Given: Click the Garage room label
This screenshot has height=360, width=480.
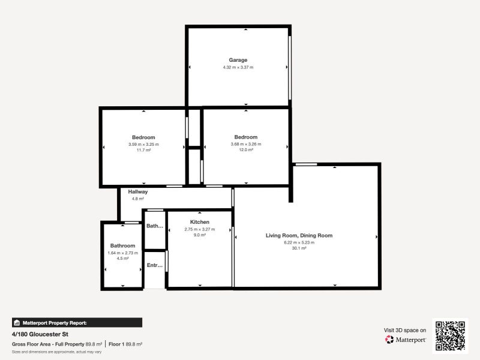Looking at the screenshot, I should coord(238,60).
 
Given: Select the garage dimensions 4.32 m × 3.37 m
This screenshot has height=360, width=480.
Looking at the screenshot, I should coord(238,67).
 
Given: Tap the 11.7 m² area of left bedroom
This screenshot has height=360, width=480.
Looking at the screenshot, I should coord(143,150).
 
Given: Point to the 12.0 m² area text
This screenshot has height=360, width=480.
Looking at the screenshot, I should coord(245,150).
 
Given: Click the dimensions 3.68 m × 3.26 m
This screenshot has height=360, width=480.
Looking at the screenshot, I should coord(245,144).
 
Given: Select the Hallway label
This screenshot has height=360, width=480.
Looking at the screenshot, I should coord(137,191).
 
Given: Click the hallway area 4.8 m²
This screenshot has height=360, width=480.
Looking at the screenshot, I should coord(137,198).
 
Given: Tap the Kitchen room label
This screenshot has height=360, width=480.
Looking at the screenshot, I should coord(199,222).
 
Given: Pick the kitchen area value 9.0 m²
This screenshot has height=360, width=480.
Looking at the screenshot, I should coord(199,235).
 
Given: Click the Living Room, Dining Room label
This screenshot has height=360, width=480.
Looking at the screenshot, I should coord(299,236).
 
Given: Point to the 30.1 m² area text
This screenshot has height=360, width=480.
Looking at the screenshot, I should coord(299,248).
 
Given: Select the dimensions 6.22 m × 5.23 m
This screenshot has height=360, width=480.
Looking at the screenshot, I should coord(299,242).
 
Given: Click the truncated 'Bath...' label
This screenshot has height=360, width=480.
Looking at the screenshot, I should coord(155,226).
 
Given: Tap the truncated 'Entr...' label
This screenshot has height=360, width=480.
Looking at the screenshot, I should coord(155,265).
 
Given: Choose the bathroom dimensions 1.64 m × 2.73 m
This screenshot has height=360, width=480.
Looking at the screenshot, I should coord(122,253).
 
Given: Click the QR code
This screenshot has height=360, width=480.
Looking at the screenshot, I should coord(450,335).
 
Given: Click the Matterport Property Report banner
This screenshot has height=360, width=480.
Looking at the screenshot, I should coord(77,322).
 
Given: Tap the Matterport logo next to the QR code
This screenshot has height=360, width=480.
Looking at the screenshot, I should coord(406,340).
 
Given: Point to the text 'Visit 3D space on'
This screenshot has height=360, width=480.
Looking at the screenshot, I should coord(405,330).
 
